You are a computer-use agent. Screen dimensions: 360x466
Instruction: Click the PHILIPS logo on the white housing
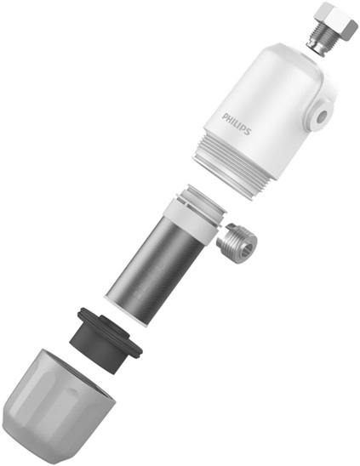237,123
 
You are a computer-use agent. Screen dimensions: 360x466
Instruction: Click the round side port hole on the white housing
322,116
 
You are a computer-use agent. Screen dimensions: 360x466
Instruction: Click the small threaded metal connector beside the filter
237,245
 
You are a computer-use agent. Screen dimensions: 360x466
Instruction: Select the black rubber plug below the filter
106,339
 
